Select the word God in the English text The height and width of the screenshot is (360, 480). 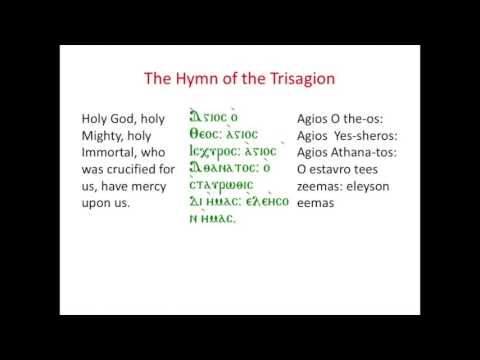click(132, 118)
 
